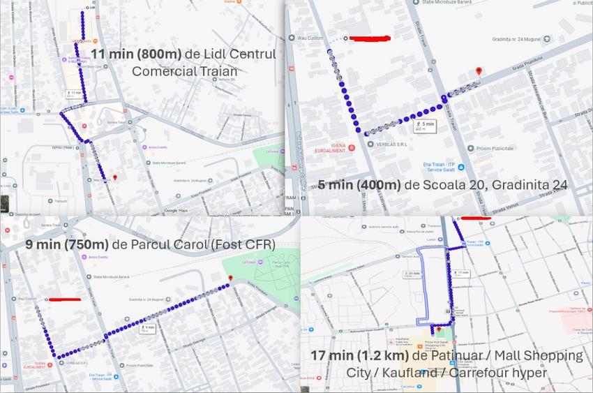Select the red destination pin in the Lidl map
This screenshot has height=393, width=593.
[115, 178]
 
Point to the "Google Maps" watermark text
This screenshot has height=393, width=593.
[176, 210]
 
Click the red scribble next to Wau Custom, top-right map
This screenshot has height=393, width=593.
[369, 38]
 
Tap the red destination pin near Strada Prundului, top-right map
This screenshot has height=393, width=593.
[479, 71]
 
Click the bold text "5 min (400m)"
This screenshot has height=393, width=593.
[359, 185]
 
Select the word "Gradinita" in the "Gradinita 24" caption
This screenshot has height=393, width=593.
[514, 185]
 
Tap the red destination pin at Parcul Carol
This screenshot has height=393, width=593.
[230, 279]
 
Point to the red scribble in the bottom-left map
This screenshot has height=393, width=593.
[65, 299]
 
